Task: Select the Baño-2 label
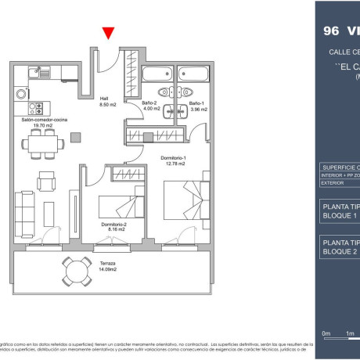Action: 151,106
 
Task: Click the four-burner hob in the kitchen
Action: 35,108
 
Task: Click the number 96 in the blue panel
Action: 332,32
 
